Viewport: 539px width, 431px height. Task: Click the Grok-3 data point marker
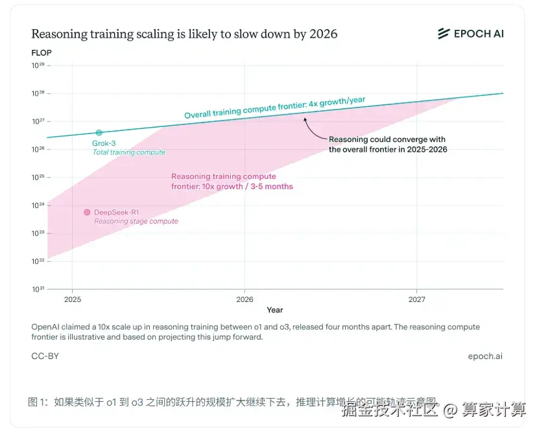coord(99,133)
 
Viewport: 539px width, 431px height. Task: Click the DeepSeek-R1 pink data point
coord(87,212)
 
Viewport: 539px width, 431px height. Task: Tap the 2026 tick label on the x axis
coord(245,299)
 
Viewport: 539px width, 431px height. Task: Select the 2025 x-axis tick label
coord(73,299)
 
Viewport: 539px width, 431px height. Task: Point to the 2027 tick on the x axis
coord(416,299)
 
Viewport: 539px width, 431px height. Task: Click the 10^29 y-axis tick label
coord(38,66)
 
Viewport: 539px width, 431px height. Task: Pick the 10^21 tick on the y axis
coord(38,288)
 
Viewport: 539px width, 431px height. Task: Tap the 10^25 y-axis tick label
coord(38,177)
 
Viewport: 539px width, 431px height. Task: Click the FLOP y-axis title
coord(42,52)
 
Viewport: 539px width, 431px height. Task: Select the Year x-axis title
coord(274,310)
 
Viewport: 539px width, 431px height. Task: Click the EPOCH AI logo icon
coord(444,34)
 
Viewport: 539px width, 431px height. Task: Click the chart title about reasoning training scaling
coord(184,34)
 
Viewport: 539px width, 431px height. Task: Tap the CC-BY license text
coord(45,356)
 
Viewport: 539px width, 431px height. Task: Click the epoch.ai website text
coord(485,356)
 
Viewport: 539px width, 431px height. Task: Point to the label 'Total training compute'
coord(128,152)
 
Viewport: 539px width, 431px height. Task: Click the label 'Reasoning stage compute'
coord(136,221)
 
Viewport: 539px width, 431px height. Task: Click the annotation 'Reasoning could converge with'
coord(387,139)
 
